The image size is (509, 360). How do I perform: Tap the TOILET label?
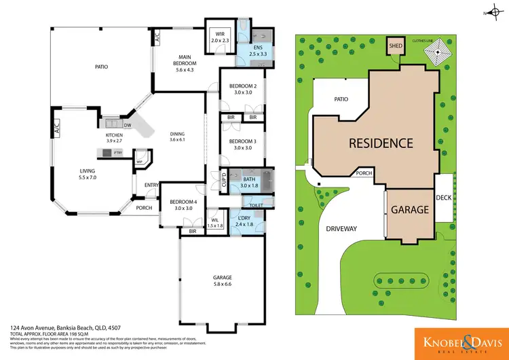click(256, 204)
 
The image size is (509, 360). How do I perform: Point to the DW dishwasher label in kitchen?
click(127, 125)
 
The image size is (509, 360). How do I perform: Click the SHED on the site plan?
click(394, 46)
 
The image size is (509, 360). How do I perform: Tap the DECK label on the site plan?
click(445, 197)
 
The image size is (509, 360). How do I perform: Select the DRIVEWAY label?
click(341, 228)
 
